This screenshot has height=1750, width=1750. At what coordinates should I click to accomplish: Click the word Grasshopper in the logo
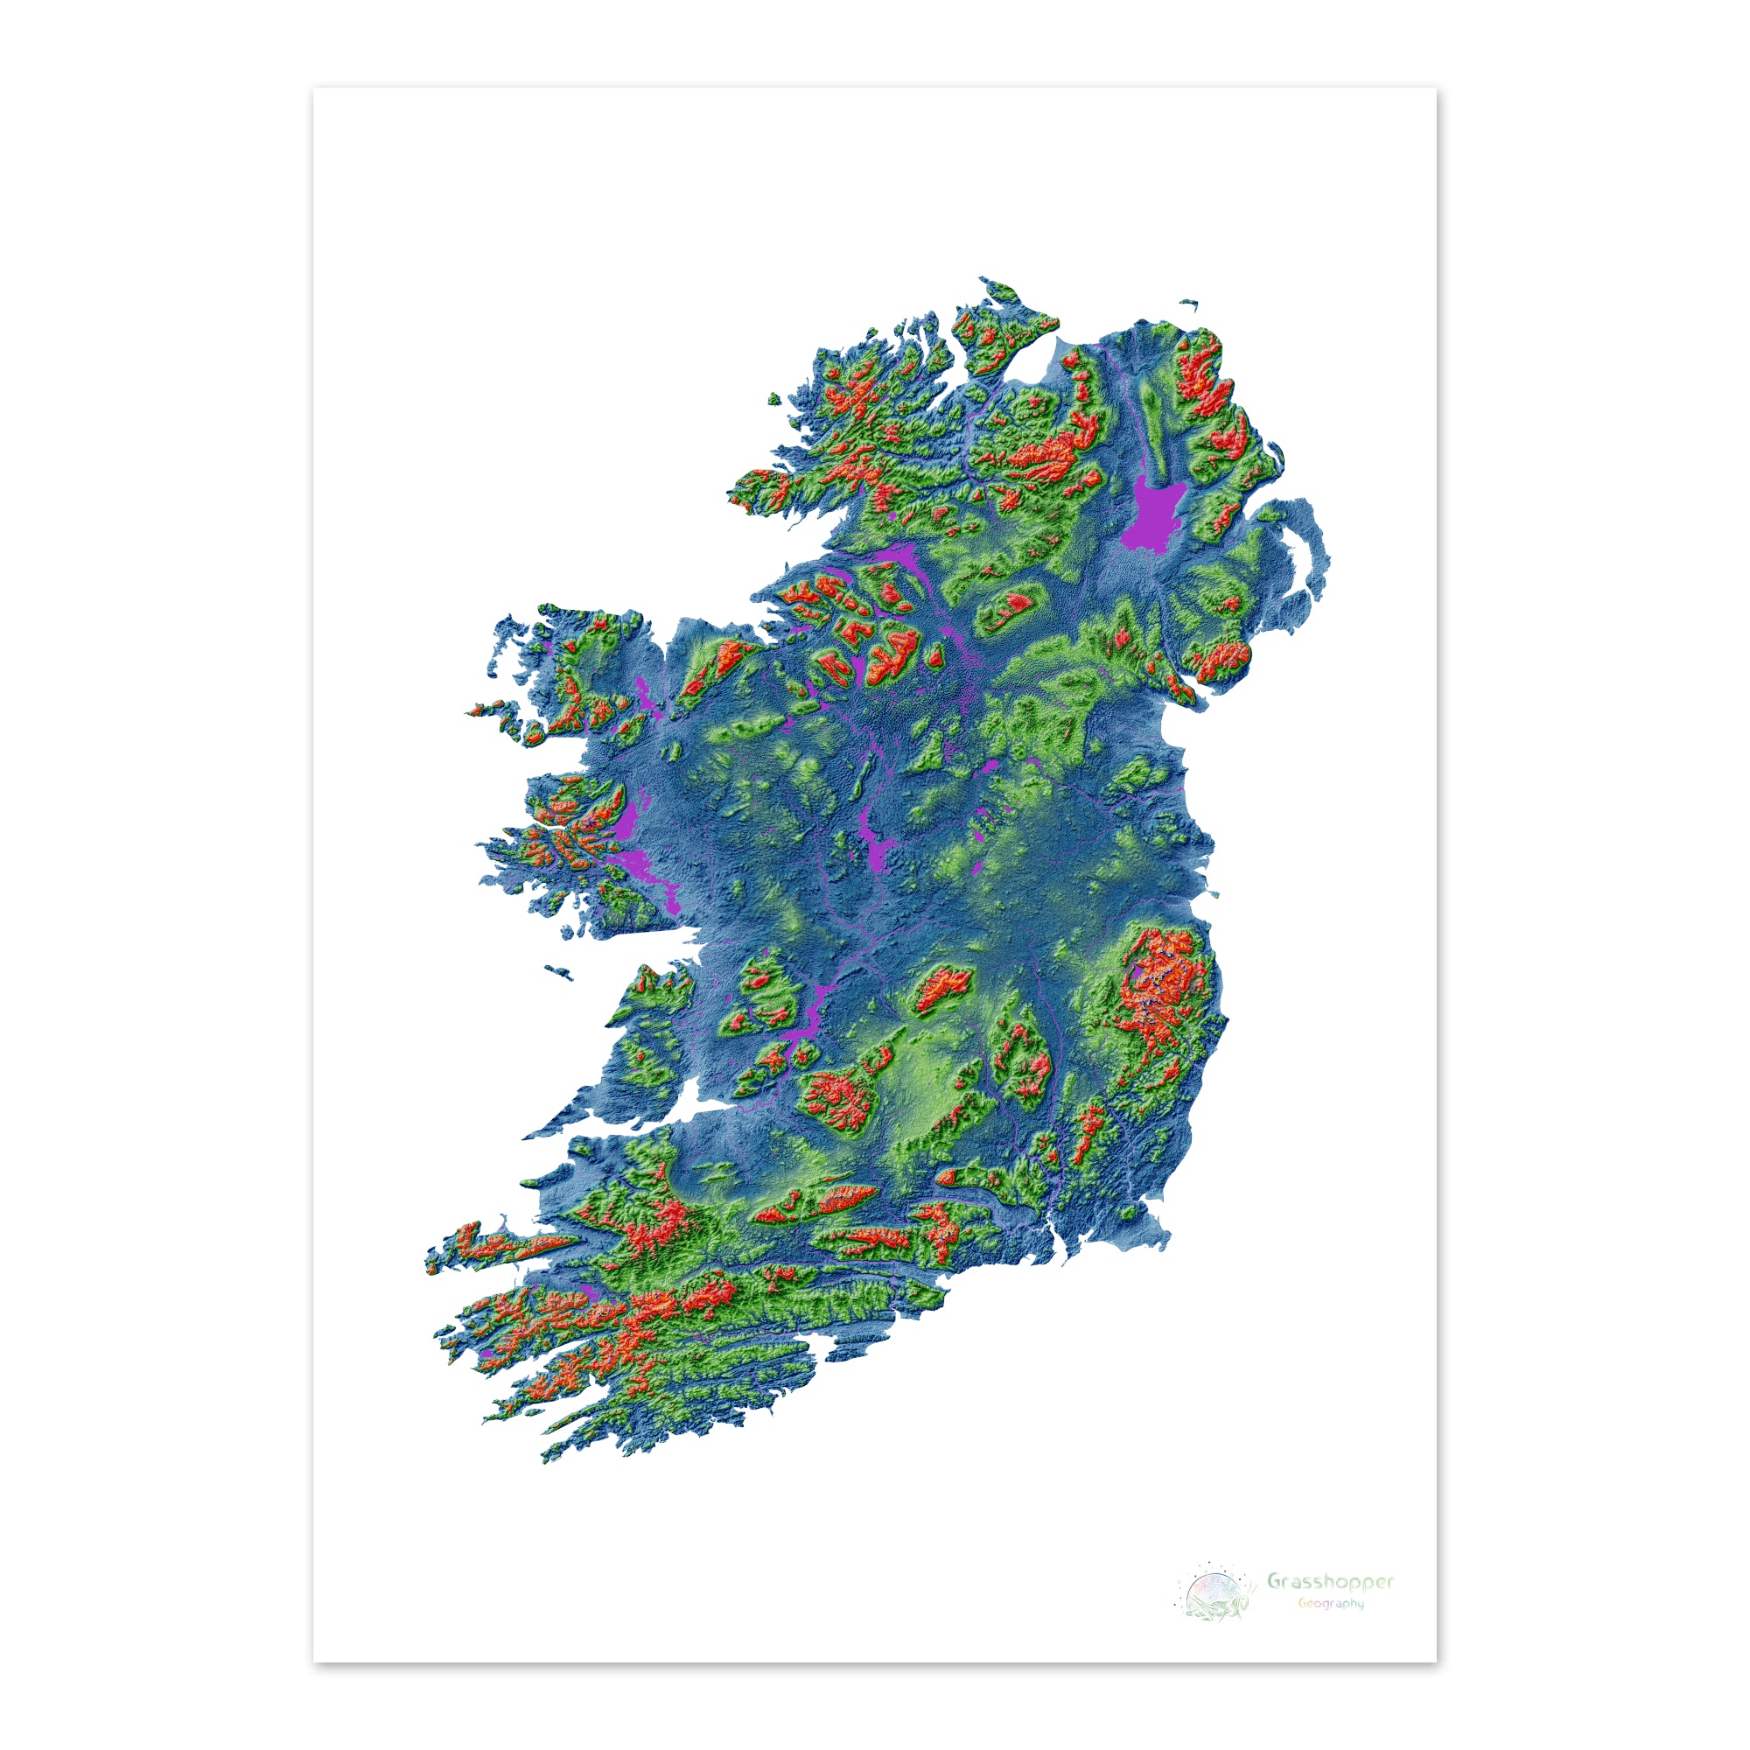1330,1581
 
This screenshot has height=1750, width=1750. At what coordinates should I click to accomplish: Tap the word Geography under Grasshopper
1330,1603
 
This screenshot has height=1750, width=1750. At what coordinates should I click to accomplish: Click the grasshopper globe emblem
1213,1592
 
